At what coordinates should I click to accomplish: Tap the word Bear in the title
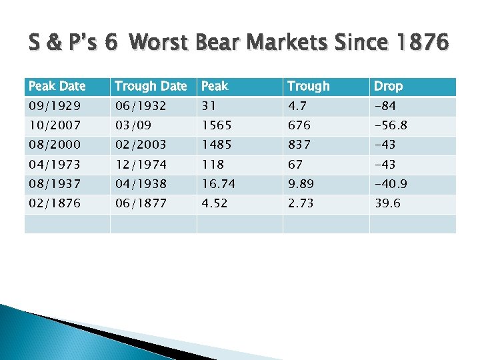[218, 43]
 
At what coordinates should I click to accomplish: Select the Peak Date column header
[57, 86]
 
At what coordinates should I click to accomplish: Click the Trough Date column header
[151, 86]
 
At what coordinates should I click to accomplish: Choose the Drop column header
[388, 86]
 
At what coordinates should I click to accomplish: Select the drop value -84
[384, 107]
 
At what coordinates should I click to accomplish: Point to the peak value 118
[213, 165]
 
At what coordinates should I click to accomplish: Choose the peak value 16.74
[219, 184]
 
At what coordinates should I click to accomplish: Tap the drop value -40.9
[391, 184]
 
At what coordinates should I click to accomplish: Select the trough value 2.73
[301, 203]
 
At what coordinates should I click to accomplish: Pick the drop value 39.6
[387, 203]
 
